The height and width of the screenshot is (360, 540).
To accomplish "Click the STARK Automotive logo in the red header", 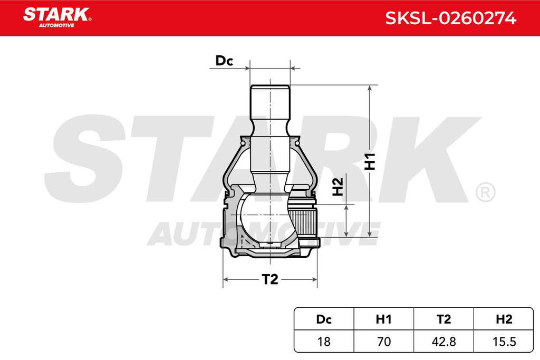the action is coord(57,17).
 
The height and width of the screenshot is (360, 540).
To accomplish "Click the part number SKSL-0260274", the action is coord(450,18).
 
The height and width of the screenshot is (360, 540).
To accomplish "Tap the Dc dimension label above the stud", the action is coord(224,61).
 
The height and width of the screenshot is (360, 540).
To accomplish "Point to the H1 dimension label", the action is coord(370,161).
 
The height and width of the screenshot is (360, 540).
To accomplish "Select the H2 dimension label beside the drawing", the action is coord(338,187).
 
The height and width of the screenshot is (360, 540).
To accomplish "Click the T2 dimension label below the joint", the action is coord(269,279).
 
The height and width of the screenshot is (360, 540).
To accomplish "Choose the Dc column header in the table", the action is coord(324,319).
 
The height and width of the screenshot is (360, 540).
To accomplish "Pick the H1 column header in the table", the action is coord(384,319).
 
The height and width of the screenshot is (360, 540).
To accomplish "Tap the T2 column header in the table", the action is coord(443,319).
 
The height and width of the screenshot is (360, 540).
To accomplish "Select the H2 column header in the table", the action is coord(504,319).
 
